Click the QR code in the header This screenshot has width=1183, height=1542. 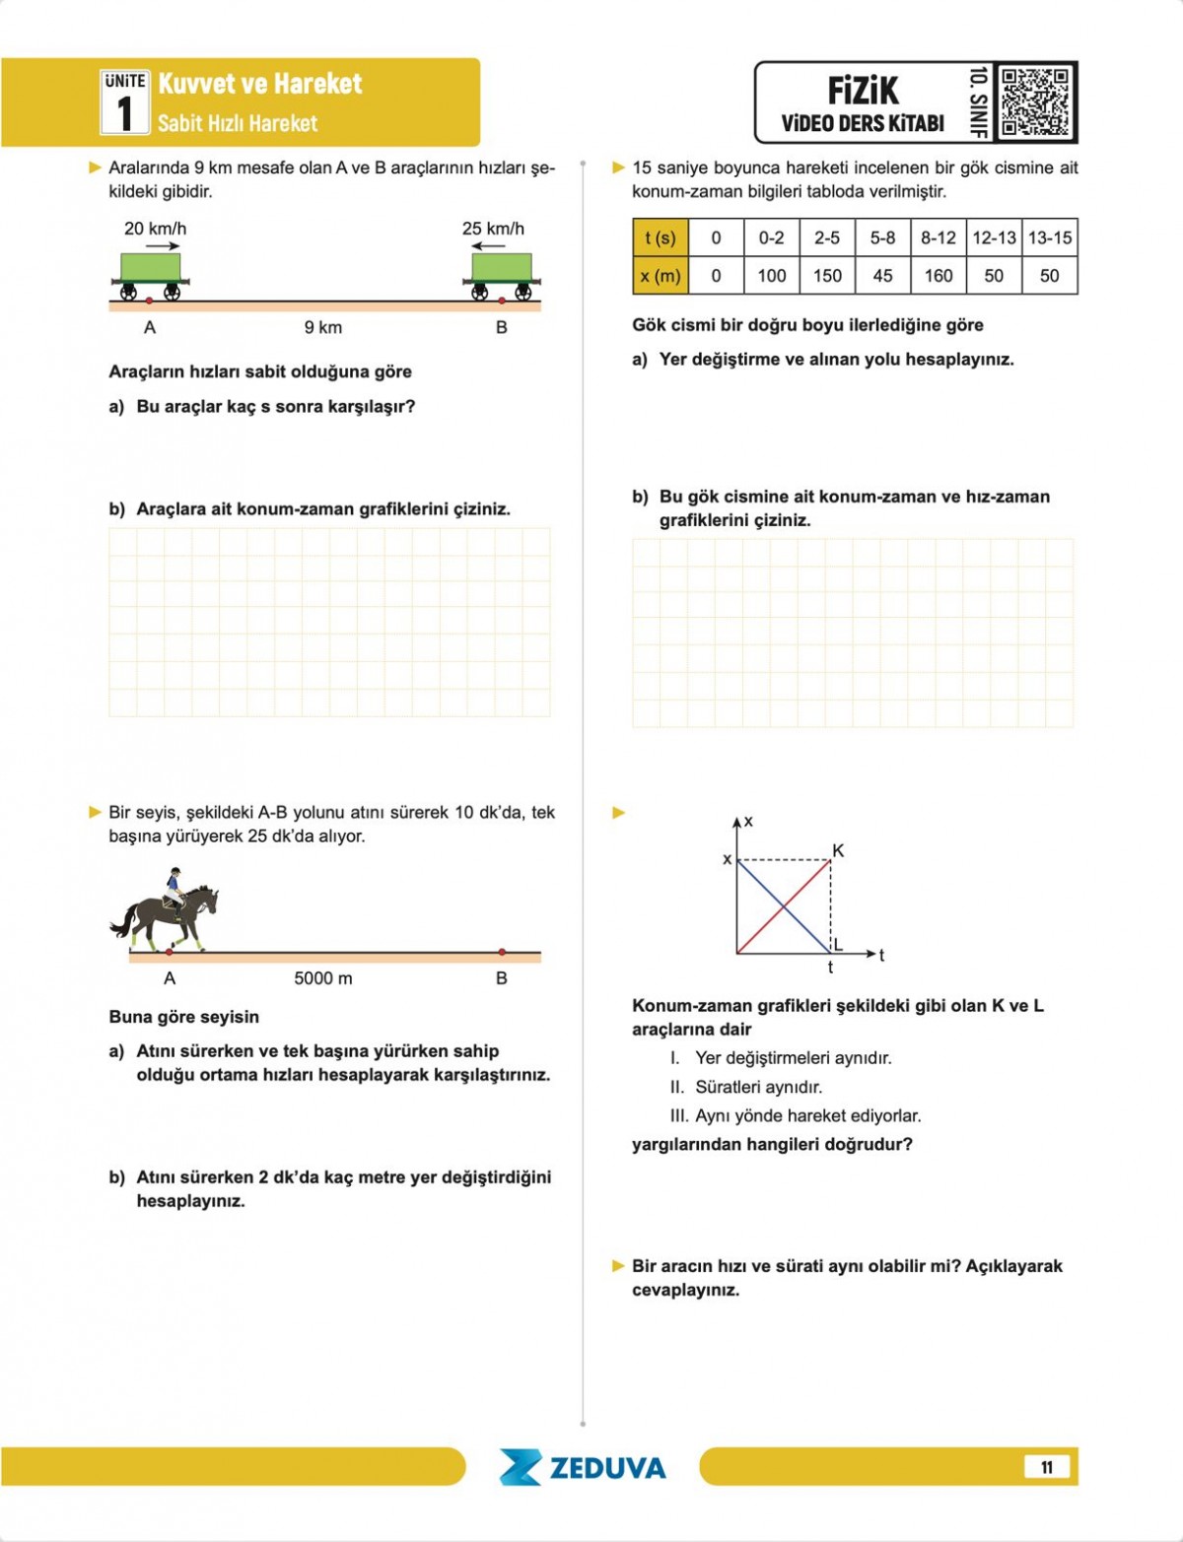point(1034,101)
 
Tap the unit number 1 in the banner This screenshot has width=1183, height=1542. point(124,113)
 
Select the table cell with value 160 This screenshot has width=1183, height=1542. point(938,276)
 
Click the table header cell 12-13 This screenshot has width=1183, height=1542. point(994,237)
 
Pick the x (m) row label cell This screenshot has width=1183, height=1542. point(660,276)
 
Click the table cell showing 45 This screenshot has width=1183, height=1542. point(882,276)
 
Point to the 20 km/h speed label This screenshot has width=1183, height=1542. point(155,229)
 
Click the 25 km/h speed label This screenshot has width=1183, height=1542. point(493,229)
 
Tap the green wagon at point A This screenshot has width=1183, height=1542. point(151,268)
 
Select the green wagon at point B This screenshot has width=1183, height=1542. point(502,268)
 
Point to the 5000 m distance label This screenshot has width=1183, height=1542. point(322,978)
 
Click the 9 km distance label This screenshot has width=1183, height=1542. point(322,327)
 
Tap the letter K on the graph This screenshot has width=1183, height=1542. point(838,850)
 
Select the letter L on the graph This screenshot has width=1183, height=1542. point(838,945)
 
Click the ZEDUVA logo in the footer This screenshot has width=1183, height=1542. point(583,1467)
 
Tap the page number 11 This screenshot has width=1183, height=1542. point(1046,1467)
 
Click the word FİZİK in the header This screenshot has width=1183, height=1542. point(863,92)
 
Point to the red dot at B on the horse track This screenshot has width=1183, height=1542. point(502,952)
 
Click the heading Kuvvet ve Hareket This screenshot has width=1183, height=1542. point(260,84)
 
